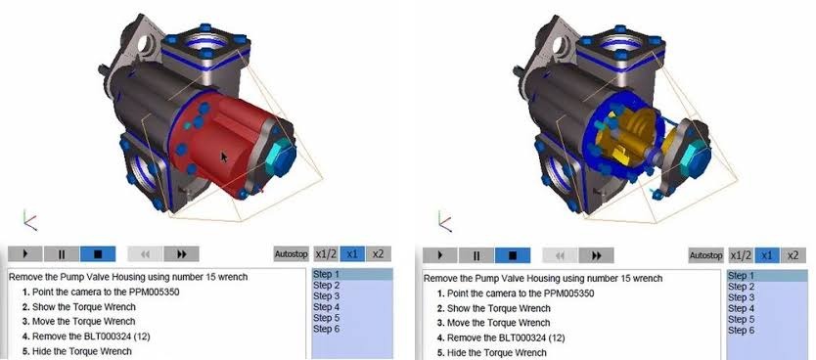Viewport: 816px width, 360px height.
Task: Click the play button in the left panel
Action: pos(26,254)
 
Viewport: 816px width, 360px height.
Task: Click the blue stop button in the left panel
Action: pos(98,254)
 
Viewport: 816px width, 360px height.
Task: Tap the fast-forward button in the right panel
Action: pos(596,255)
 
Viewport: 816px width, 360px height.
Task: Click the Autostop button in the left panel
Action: pos(291,254)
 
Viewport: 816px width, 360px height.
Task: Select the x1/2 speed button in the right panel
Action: pos(742,255)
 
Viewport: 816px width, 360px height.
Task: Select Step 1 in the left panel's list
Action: pos(327,275)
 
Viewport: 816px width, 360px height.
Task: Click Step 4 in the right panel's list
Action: pos(742,308)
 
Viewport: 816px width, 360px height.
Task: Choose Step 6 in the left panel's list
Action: pos(327,329)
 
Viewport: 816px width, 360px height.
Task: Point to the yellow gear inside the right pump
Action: pos(635,138)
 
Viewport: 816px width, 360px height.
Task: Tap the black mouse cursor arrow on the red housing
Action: pos(225,157)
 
